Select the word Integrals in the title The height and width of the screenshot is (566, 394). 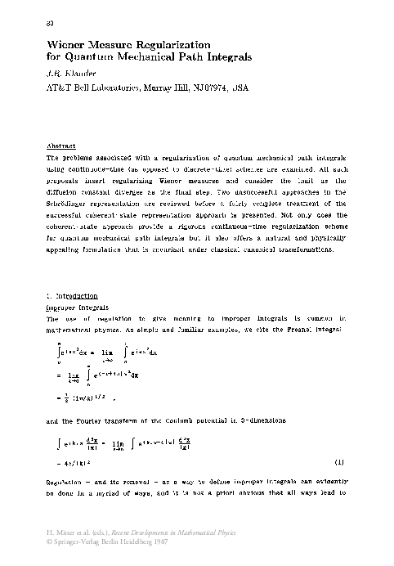pyautogui.click(x=231, y=57)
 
